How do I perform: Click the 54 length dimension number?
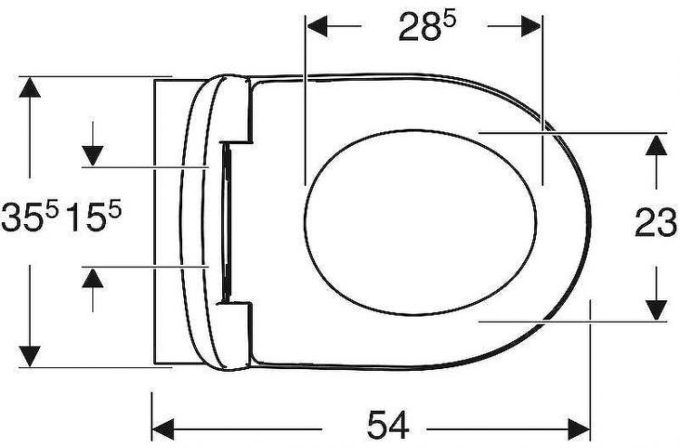pos(388,425)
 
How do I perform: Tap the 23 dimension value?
pos(656,223)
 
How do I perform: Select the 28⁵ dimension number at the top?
pos(426,26)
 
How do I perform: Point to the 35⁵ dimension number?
pos(29,218)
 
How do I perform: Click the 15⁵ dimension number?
pos(93,218)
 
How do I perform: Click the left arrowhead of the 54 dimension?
pos(163,428)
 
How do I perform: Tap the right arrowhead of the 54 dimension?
pos(578,428)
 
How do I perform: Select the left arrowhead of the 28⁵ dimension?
pos(317,26)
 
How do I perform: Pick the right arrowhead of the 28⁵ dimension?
pos(530,26)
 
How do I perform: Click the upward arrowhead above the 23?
pos(656,145)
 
